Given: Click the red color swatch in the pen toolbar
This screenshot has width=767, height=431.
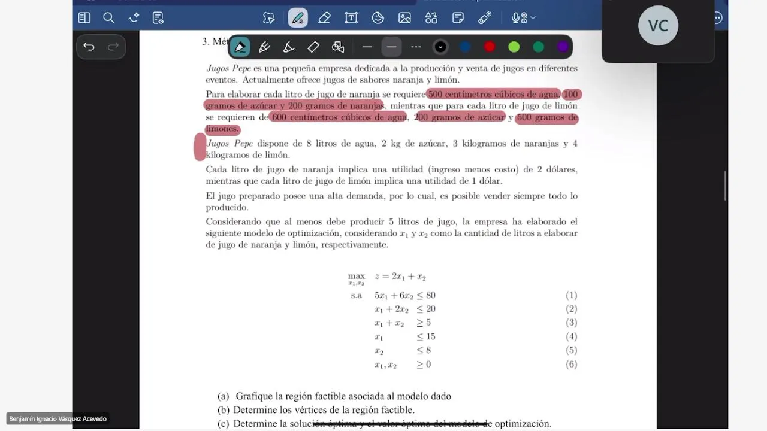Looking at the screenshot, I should tap(490, 47).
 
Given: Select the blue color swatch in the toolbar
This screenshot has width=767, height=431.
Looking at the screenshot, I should tap(465, 47).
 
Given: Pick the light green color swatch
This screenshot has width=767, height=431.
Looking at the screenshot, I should tap(514, 47).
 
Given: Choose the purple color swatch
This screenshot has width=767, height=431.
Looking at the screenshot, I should tap(563, 47).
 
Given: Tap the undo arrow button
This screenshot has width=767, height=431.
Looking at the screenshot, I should tap(89, 47).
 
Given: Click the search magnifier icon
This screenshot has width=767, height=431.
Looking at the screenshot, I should tap(108, 18).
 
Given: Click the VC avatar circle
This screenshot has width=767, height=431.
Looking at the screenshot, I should tap(658, 25).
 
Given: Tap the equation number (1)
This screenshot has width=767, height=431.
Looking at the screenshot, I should tap(571, 295).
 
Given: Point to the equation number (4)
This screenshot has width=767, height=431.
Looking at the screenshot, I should tap(571, 336).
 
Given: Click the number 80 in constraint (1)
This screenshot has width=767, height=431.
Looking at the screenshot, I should tap(430, 295).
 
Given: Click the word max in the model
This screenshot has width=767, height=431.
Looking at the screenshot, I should tap(357, 276).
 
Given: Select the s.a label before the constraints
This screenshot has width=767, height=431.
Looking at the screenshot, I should tap(357, 295).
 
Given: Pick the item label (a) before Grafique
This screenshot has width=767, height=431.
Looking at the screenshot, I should tap(224, 396).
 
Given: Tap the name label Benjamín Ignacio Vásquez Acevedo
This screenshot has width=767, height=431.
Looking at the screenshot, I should tap(58, 419).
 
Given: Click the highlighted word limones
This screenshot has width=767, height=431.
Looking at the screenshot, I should tap(222, 129).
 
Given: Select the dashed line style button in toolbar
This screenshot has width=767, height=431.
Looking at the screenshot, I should tap(416, 47).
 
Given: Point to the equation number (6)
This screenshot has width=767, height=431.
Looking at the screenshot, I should tap(571, 364).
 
